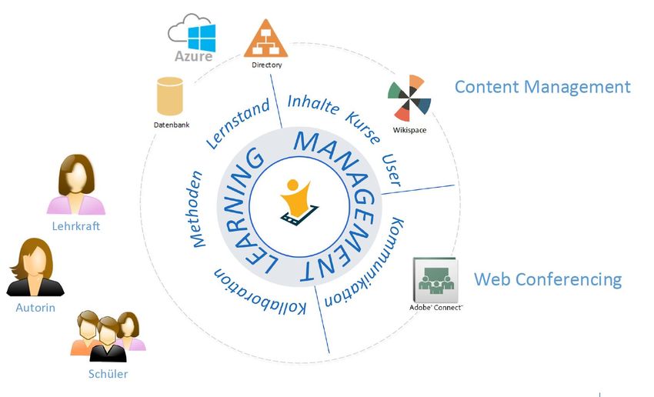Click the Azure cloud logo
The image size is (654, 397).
point(192,38)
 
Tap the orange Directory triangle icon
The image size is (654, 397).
point(266,38)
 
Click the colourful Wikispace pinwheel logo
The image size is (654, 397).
point(409,98)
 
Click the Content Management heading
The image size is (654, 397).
point(542,86)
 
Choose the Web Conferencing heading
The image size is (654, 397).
point(547,279)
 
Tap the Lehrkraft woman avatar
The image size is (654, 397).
point(76,185)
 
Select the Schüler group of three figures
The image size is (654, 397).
point(108,336)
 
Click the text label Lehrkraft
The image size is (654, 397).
point(76,226)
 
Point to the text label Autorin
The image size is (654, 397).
point(35,308)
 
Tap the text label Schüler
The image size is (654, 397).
point(108,375)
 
